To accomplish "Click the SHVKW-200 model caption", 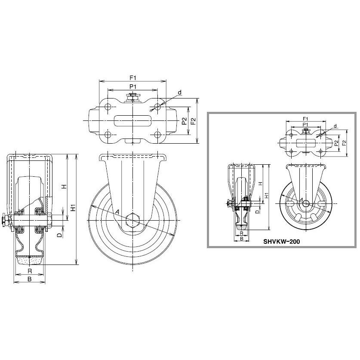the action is click(x=281, y=242).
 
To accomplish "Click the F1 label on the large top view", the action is click(x=133, y=77).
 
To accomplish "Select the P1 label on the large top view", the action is click(x=133, y=87).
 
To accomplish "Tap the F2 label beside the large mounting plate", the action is click(x=193, y=121).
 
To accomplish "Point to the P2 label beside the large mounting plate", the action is click(x=184, y=121).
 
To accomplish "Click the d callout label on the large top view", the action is click(x=180, y=92).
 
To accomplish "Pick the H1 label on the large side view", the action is click(x=73, y=208).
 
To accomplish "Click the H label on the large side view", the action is click(x=65, y=186).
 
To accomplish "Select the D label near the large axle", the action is click(x=59, y=235).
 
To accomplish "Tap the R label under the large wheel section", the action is click(x=30, y=271).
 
